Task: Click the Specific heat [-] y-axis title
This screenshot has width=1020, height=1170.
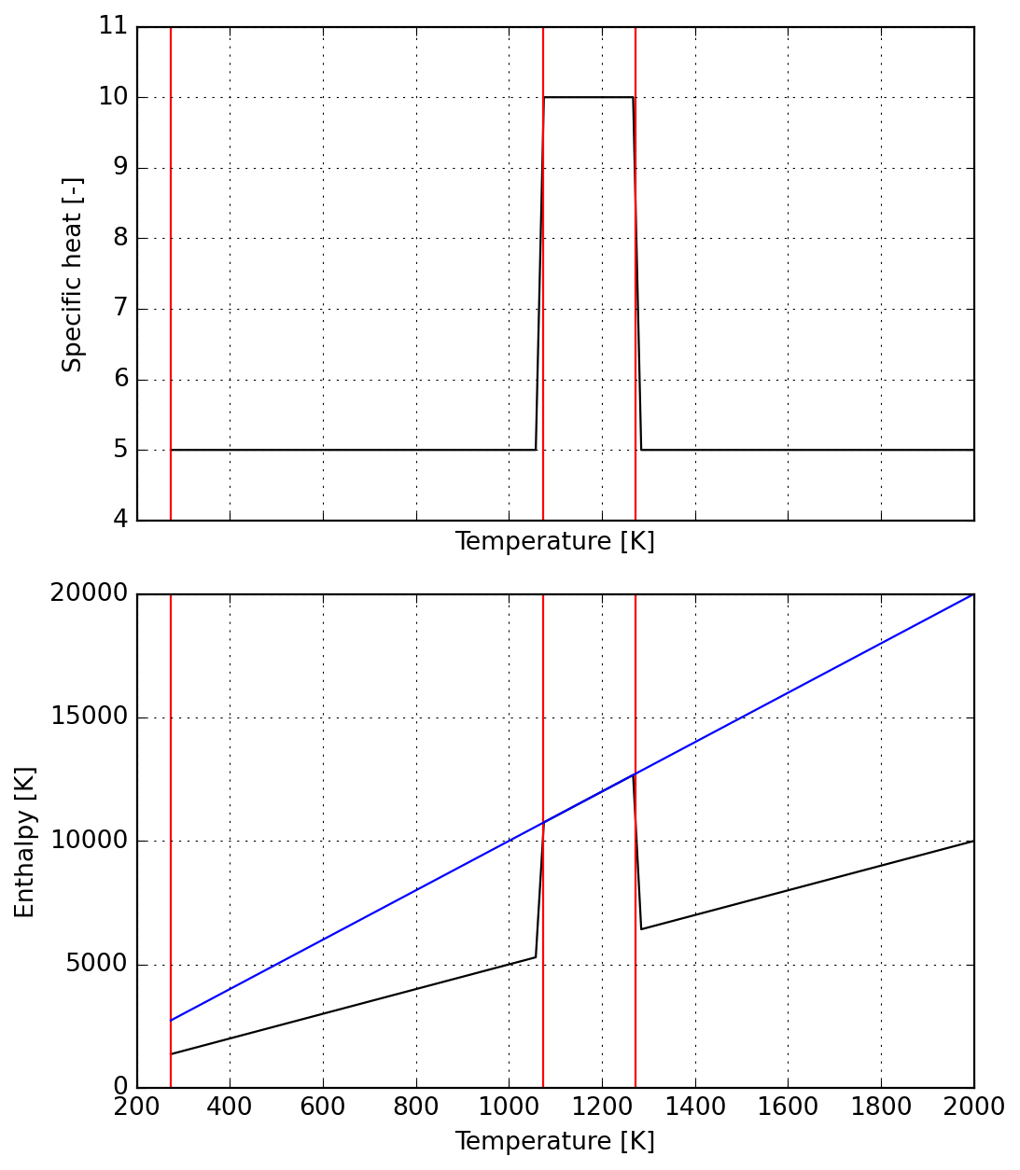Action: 73,274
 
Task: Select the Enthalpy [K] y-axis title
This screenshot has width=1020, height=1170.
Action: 24,842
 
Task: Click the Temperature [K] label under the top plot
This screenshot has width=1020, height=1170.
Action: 554,542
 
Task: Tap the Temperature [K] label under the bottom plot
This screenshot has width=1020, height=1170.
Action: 554,1142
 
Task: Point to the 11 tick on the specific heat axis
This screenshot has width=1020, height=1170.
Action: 112,26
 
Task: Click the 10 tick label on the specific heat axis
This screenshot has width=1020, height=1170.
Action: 112,97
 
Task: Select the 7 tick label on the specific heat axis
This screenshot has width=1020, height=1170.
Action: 119,309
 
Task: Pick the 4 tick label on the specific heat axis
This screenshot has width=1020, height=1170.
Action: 119,520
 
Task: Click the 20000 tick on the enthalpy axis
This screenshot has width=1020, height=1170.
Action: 90,594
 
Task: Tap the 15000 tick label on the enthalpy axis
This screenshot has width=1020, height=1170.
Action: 90,717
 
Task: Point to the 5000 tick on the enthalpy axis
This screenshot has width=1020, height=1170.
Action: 96,964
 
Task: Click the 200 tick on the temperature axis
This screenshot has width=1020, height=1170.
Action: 137,1107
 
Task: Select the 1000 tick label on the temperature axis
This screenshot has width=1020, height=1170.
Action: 509,1107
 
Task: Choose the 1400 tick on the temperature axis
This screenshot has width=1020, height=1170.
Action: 695,1107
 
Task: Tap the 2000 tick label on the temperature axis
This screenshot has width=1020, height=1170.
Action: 974,1107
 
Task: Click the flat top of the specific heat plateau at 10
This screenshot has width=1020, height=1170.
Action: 588,97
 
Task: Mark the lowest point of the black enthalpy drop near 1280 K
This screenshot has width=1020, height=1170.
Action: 641,929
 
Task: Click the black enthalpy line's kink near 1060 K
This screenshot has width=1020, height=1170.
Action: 536,957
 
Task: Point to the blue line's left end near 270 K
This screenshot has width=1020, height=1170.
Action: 171,1021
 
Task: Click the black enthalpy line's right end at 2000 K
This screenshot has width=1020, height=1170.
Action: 973,841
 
